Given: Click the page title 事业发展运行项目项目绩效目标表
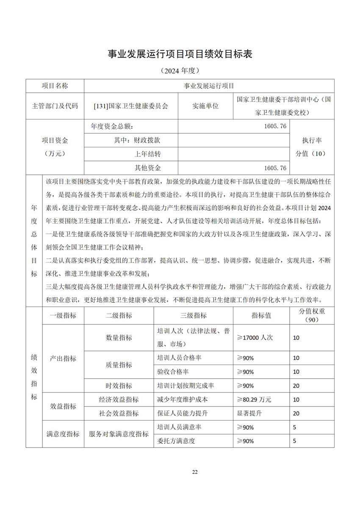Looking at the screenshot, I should click(x=180, y=54).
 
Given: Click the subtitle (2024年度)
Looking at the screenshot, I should click(x=180, y=70).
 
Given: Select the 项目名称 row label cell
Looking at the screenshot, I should click(x=55, y=86).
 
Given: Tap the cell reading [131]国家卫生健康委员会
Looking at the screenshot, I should click(x=131, y=106).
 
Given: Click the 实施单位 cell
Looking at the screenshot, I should click(x=205, y=106).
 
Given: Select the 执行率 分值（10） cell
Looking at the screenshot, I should click(x=313, y=147).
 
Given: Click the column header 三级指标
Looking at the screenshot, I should click(x=194, y=315).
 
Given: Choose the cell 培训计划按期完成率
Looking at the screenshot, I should click(x=186, y=385).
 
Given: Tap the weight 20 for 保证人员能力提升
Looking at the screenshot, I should click(x=296, y=413).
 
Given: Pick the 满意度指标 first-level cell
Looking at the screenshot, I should click(x=63, y=434).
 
